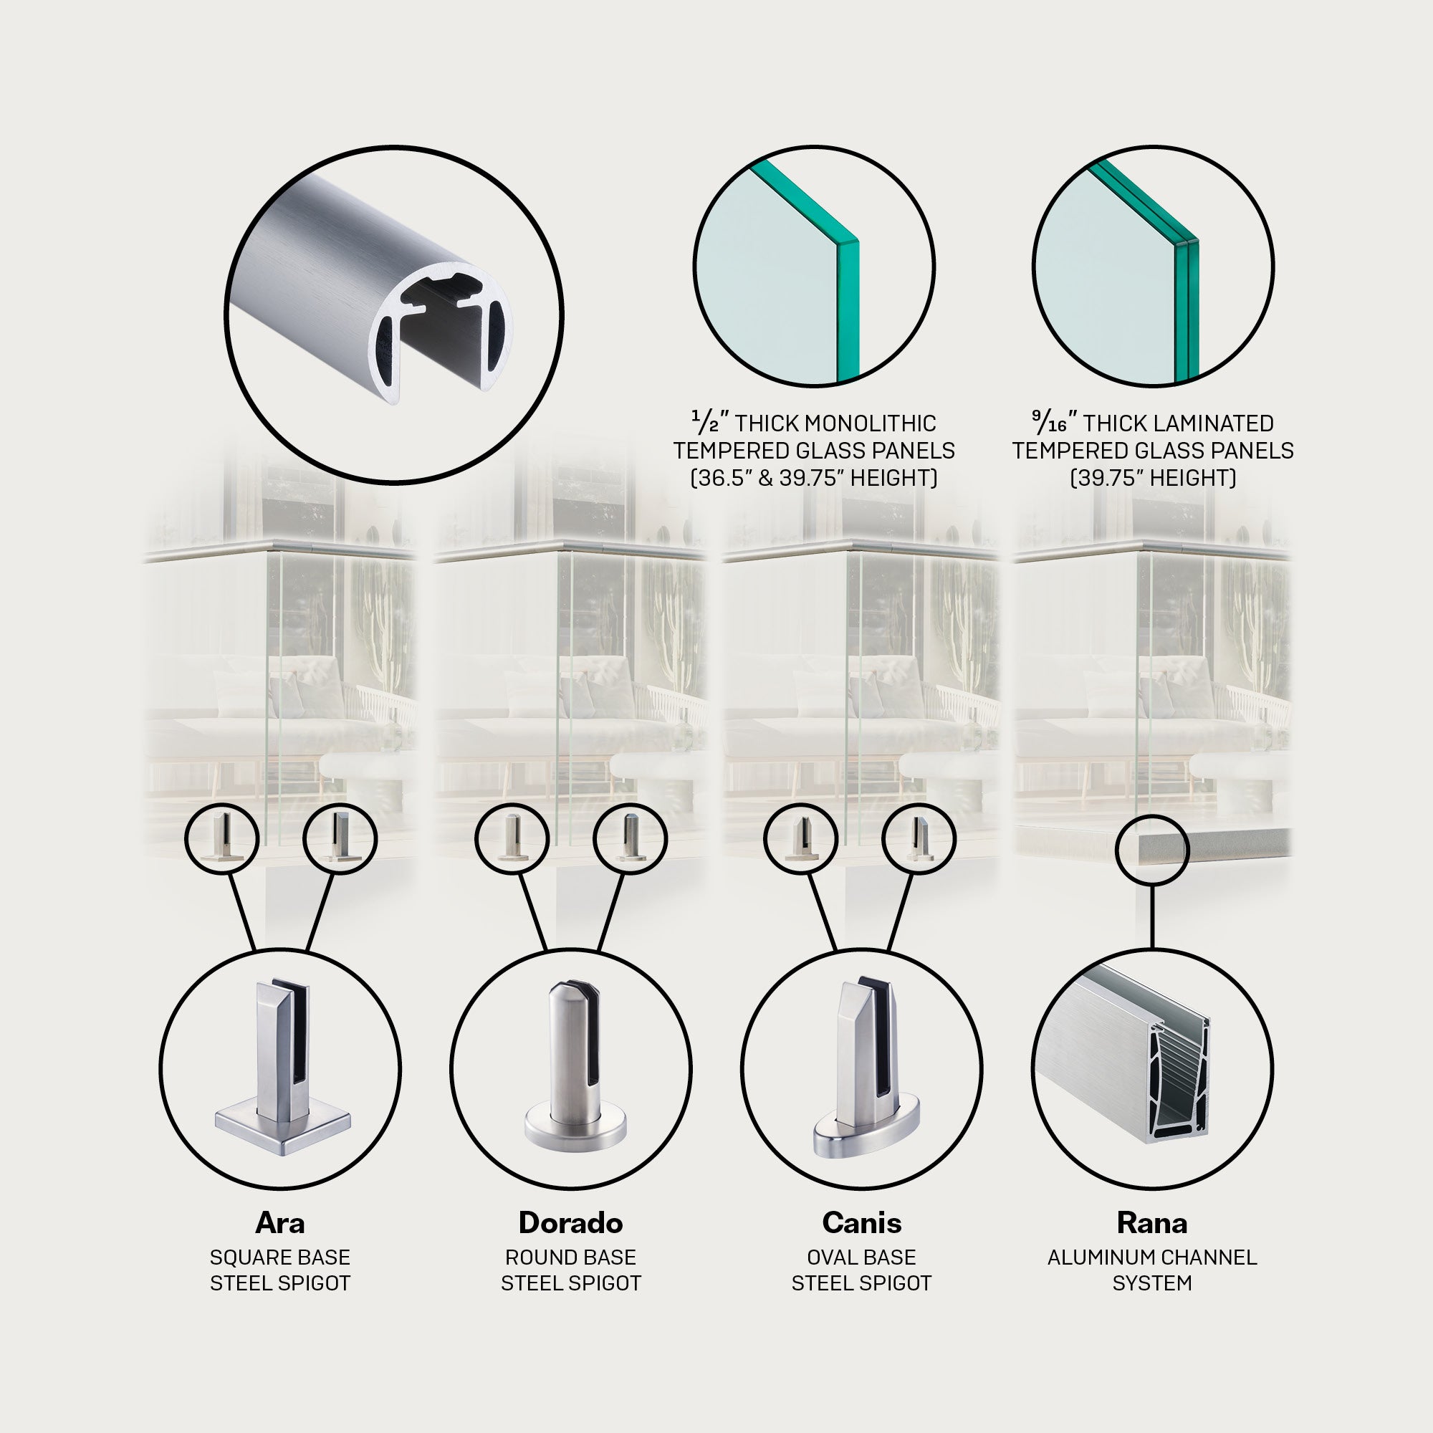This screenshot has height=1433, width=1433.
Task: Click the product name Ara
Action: pos(279,1223)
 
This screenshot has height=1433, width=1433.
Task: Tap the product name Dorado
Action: pos(570,1223)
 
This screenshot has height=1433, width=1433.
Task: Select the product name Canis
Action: pos(861,1223)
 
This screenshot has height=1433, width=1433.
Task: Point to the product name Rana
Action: pos(1152,1223)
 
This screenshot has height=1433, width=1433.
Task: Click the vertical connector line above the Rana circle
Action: pos(1152,917)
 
